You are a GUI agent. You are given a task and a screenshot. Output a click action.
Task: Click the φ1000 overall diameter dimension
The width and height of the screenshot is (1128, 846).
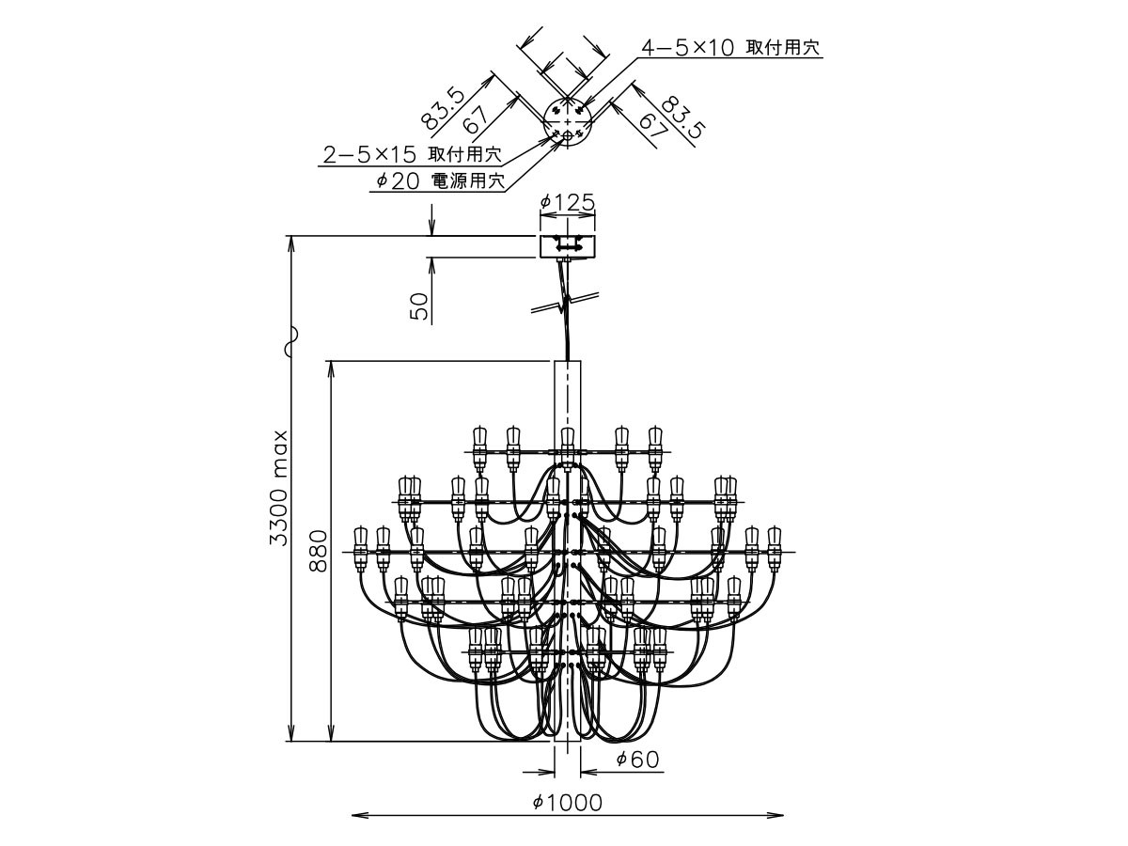(x=567, y=803)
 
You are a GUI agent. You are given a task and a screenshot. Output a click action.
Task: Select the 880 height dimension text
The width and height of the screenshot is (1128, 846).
(x=319, y=551)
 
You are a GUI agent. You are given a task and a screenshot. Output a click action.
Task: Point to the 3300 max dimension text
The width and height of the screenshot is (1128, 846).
(x=280, y=489)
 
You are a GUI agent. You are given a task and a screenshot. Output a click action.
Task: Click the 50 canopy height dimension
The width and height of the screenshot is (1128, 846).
(x=419, y=306)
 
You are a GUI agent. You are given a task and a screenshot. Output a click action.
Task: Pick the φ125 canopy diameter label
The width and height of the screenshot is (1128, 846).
(x=568, y=202)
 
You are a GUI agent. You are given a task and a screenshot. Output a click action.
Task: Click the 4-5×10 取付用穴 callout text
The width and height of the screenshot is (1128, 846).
(x=729, y=48)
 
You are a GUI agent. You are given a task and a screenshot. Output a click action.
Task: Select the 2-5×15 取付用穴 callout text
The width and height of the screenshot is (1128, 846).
(x=412, y=154)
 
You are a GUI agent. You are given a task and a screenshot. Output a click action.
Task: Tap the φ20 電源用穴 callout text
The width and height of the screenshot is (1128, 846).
(x=441, y=180)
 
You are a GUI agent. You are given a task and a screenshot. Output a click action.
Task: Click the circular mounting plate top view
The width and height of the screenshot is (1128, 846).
(x=568, y=122)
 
